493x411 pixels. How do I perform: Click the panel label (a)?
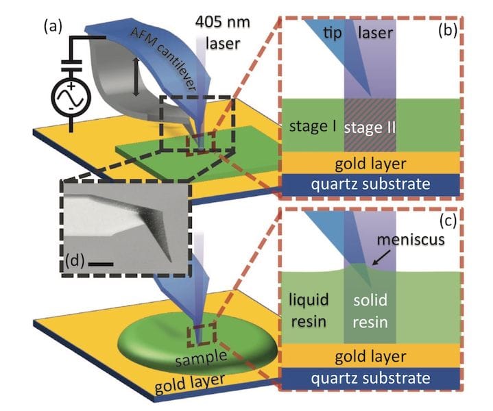[x=53, y=27]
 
